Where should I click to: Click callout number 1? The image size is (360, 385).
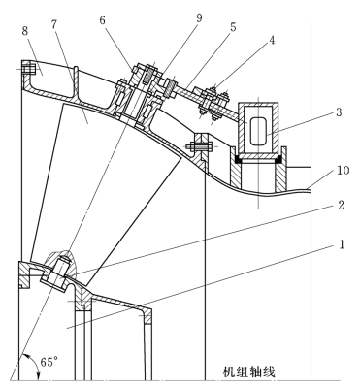point(342,244)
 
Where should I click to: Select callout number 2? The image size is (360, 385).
point(341,206)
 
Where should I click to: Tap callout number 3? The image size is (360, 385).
point(339,112)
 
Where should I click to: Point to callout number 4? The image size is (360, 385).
point(272,40)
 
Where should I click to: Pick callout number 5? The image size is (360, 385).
point(233,27)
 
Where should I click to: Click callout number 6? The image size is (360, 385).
point(102,20)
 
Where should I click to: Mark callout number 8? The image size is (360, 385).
point(25,31)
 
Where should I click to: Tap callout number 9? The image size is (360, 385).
point(199,18)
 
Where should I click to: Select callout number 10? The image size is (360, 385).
point(344,170)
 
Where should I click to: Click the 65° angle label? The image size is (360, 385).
point(49,362)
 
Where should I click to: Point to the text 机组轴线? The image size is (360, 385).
point(249,371)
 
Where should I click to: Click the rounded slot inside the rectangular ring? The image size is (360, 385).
point(259,131)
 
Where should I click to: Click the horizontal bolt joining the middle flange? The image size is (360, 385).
point(201,146)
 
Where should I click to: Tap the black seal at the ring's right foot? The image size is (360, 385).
point(278,158)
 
